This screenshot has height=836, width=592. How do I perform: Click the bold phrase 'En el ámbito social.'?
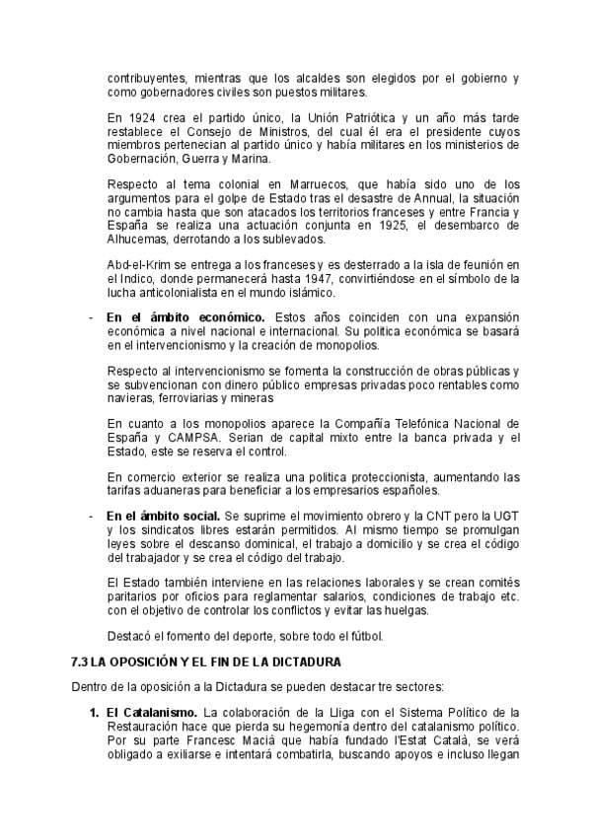[x=163, y=516]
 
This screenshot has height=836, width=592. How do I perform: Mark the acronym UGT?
[x=505, y=516]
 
